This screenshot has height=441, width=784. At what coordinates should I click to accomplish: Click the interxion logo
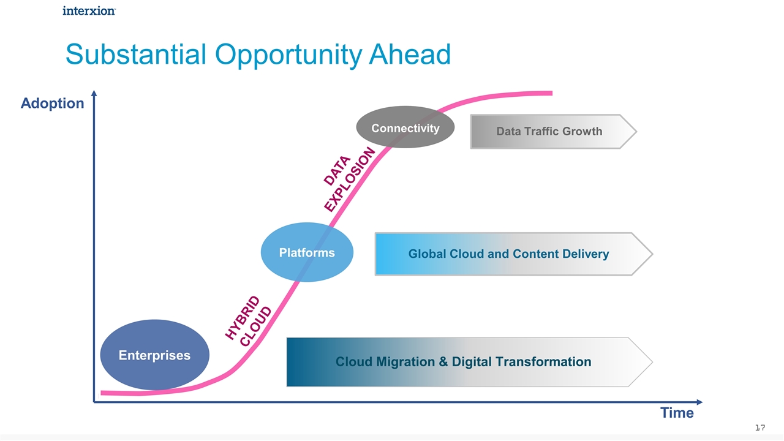pos(88,10)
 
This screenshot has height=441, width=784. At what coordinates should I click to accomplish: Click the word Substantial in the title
pos(135,55)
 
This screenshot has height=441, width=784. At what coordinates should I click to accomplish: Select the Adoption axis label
pos(52,103)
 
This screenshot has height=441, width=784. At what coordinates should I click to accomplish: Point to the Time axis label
pos(677,413)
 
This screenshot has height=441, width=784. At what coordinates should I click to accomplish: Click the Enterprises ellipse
pos(154,355)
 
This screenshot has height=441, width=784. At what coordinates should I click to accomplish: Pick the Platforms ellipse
pos(307,252)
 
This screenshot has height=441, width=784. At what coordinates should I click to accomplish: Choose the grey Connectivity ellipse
pos(405,127)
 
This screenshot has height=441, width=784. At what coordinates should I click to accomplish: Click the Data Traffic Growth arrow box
pos(549,131)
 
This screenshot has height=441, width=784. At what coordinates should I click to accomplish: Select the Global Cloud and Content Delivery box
pos(508,254)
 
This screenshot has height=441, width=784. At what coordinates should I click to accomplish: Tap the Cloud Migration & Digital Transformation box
pos(463,361)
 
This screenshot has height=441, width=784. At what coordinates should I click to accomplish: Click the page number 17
pos(761,427)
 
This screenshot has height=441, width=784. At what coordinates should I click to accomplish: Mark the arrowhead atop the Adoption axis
pos(94,94)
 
